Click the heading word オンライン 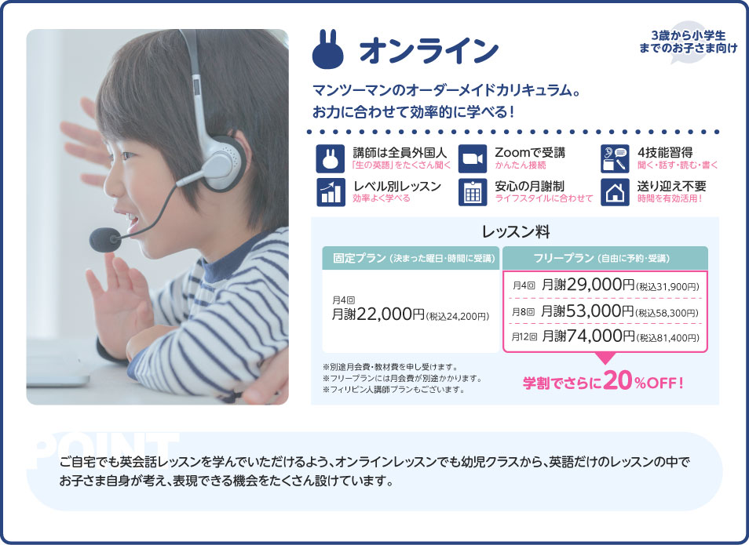[x=428, y=50]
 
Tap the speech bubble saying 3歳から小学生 [x=688, y=42]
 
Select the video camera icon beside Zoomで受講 [x=472, y=158]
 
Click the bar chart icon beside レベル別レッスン [x=329, y=192]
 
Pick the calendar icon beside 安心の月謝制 [x=472, y=192]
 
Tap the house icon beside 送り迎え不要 [x=615, y=192]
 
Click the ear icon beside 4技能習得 [x=615, y=158]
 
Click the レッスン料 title [x=515, y=232]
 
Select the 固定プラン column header [x=411, y=258]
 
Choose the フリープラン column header [x=605, y=258]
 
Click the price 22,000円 [x=390, y=314]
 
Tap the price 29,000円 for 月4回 [x=588, y=285]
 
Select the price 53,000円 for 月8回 [x=588, y=311]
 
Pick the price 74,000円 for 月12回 [x=588, y=337]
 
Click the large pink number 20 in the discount [x=619, y=382]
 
